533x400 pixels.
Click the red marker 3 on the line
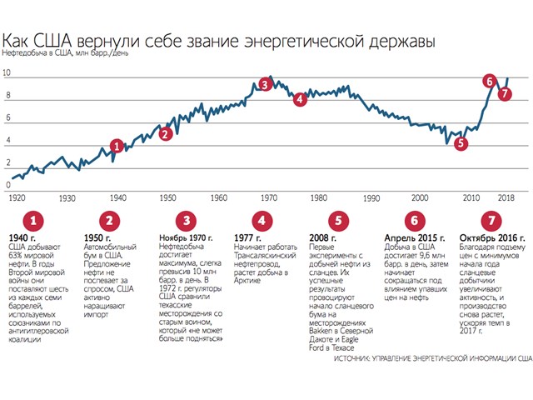click(264, 84)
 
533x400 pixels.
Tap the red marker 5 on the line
click(461, 143)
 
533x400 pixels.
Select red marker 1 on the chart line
click(117, 146)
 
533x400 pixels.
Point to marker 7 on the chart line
click(505, 93)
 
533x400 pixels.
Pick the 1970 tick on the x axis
click(268, 198)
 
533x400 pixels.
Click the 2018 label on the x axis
click(506, 198)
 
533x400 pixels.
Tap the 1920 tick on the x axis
click(17, 198)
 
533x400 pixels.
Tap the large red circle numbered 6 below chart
click(413, 221)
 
